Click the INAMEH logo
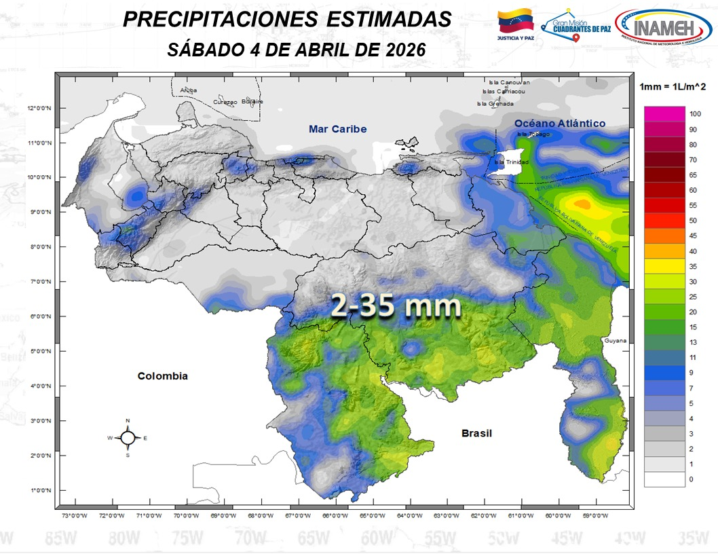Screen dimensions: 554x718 [663, 29]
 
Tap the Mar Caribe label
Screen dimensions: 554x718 [337, 129]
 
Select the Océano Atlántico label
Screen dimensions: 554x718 [559, 123]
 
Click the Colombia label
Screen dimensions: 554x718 [162, 376]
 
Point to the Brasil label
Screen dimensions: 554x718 [476, 433]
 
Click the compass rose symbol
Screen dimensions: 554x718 [128, 438]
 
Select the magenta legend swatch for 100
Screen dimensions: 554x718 [664, 113]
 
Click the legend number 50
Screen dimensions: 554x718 [693, 221]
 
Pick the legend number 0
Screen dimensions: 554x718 [691, 479]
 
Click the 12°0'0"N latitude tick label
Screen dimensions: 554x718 [40, 108]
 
